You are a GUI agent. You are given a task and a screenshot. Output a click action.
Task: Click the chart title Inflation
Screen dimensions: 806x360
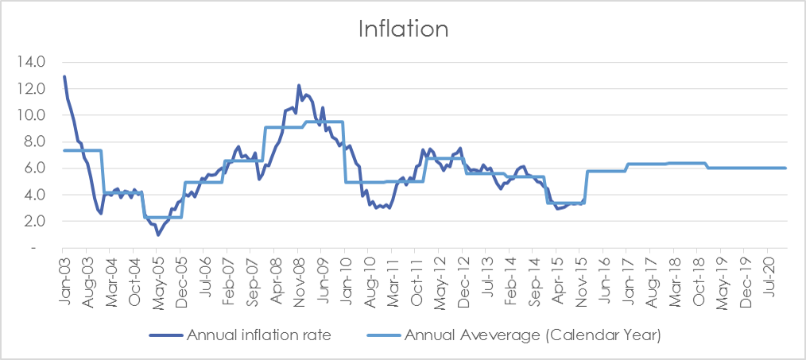click(404, 29)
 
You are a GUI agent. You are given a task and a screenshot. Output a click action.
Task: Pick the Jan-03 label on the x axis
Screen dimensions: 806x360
click(64, 277)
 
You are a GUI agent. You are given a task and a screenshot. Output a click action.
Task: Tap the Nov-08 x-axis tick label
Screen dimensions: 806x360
click(298, 278)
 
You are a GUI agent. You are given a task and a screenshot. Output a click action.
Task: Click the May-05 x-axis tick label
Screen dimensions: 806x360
click(157, 279)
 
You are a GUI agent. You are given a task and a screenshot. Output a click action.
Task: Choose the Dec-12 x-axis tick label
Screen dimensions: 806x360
click(463, 278)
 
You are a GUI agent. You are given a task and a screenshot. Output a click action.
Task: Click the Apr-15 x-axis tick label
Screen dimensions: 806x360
click(556, 277)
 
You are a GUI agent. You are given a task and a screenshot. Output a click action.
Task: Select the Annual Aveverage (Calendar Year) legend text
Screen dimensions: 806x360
click(532, 336)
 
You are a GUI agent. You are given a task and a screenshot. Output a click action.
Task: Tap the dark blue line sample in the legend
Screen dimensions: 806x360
click(166, 336)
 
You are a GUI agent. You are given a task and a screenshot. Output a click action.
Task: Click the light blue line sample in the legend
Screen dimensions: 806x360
click(384, 336)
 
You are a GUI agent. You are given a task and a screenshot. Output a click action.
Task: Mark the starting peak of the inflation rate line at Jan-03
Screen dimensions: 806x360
click(64, 76)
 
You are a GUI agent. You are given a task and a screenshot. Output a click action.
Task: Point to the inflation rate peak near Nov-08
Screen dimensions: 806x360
click(299, 85)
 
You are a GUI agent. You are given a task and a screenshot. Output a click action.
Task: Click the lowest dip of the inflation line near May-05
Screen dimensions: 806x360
click(158, 234)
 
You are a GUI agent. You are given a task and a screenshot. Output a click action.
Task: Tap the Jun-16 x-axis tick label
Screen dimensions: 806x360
click(603, 277)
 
